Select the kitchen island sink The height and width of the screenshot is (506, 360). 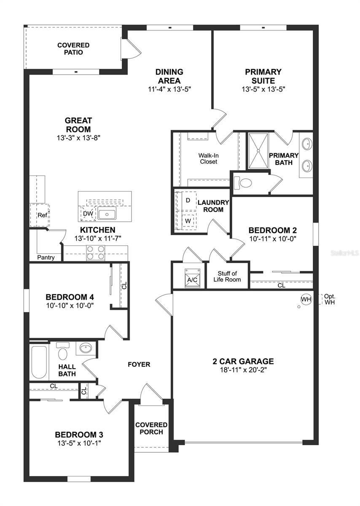tap(108, 215)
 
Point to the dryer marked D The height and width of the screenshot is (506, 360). tap(188, 200)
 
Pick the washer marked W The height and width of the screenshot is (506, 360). tap(188, 220)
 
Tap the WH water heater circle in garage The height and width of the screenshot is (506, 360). tap(306, 299)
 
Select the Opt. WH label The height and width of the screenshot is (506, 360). tap(329, 299)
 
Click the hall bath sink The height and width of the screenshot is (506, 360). tap(86, 348)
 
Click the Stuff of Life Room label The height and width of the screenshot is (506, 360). tap(227, 277)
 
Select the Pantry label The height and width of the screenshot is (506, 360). tap(46, 257)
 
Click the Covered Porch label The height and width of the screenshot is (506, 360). tap(151, 428)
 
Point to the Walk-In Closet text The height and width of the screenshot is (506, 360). tap(209, 158)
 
